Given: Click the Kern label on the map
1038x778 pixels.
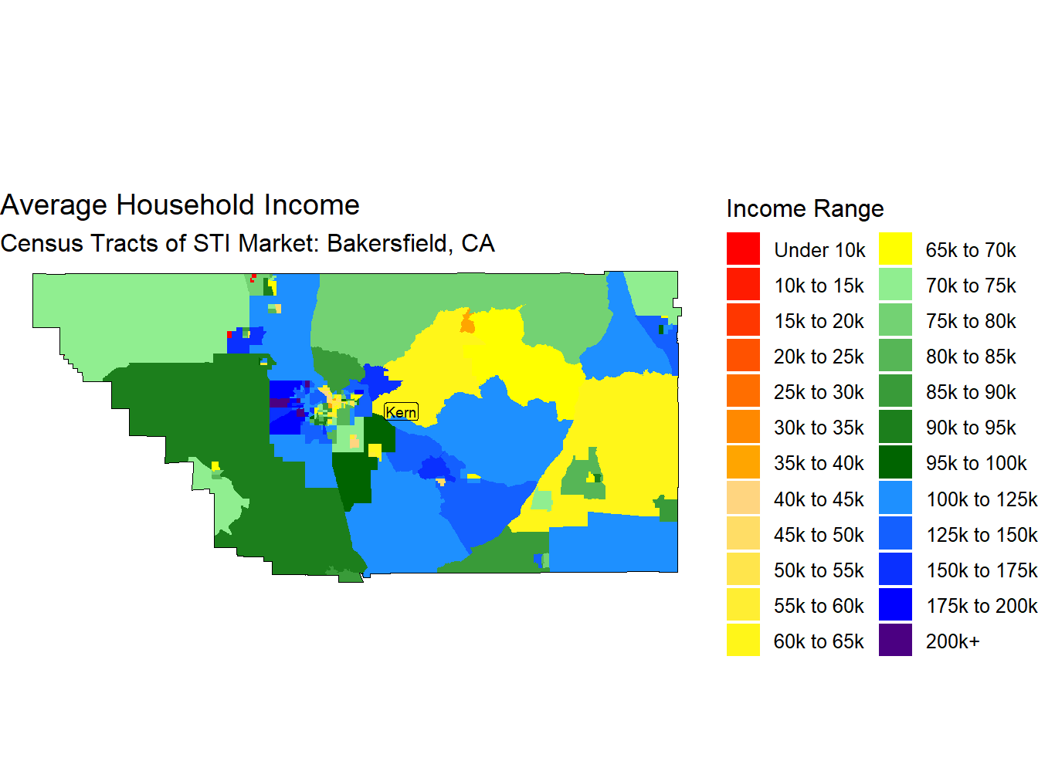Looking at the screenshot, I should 401,412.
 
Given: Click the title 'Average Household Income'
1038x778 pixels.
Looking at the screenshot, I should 180,205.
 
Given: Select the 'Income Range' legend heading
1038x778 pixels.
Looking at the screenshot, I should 805,209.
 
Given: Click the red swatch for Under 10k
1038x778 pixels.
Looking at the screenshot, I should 743,249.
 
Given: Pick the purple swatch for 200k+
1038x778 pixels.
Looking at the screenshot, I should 895,641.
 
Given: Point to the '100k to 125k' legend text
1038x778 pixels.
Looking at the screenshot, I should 981,499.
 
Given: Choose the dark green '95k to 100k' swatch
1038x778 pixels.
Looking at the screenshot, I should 895,463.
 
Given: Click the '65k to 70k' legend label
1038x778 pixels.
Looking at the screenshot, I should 971,250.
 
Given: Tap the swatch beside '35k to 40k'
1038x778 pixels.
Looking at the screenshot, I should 743,463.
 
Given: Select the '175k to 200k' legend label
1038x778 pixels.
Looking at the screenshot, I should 981,606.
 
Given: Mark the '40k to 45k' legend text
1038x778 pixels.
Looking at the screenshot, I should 819,499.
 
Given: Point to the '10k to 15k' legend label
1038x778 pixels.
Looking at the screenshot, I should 819,286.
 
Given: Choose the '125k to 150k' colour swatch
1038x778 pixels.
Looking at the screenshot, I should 895,534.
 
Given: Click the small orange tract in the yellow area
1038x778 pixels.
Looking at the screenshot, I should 467,323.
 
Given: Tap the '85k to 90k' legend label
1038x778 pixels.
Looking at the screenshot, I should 971,392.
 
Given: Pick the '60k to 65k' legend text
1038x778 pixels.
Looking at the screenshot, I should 819,641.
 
